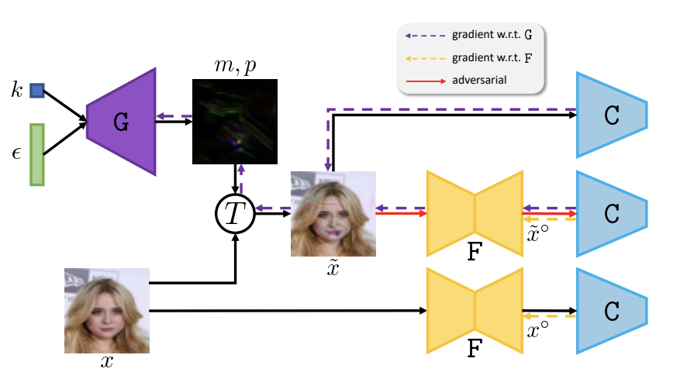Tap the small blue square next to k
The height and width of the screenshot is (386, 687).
point(36,91)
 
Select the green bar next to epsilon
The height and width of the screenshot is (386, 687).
point(36,153)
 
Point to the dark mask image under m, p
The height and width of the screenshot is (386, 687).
point(233,122)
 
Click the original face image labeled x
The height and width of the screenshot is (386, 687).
point(106,310)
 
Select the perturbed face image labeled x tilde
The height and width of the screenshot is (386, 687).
point(333,214)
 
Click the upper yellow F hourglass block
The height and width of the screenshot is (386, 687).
point(475,212)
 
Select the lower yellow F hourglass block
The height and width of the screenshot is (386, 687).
point(475,310)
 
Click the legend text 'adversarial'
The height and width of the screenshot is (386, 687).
point(481,79)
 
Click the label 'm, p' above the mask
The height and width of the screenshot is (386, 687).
point(233,66)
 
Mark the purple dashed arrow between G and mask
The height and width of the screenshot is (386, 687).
point(174,118)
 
